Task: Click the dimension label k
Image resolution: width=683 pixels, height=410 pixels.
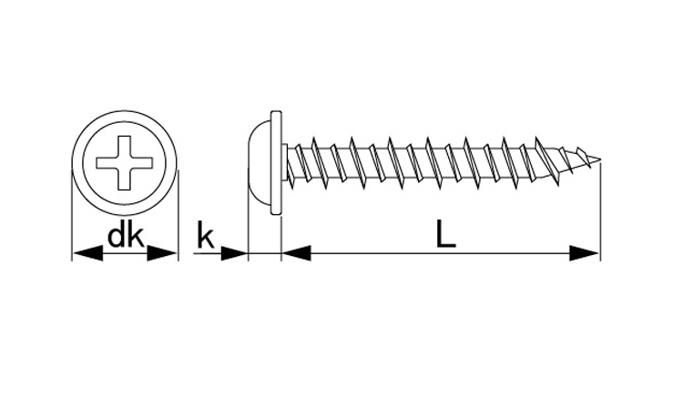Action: pyautogui.click(x=206, y=235)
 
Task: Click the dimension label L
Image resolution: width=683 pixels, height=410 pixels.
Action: pyautogui.click(x=446, y=234)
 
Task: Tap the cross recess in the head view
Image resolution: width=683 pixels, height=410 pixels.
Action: pyautogui.click(x=125, y=163)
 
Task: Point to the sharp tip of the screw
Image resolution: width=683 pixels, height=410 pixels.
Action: pyautogui.click(x=601, y=159)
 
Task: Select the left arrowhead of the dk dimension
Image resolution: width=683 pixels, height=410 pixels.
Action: pyautogui.click(x=87, y=253)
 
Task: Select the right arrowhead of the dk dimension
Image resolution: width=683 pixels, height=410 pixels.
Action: pyautogui.click(x=162, y=253)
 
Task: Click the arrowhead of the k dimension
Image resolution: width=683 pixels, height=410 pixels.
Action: pyautogui.click(x=234, y=253)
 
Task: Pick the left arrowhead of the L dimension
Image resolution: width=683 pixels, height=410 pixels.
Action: pyautogui.click(x=296, y=253)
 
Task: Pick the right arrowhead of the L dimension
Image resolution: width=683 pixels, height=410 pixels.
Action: pyautogui.click(x=585, y=253)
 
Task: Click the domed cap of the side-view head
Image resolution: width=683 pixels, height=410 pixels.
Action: pyautogui.click(x=260, y=163)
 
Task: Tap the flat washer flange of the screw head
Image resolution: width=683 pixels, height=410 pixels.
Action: pyautogui.click(x=277, y=163)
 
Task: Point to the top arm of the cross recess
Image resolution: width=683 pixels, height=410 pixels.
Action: pyautogui.click(x=125, y=147)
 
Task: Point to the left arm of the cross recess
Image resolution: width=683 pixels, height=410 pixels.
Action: pyautogui.click(x=107, y=163)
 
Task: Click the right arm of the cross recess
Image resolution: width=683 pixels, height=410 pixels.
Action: pyautogui.click(x=142, y=163)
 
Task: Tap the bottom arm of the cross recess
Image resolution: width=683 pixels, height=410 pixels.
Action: pyautogui.click(x=125, y=179)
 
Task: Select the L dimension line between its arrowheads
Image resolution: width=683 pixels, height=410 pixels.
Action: pyautogui.click(x=441, y=253)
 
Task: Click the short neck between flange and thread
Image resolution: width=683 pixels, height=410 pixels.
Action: pyautogui.click(x=285, y=163)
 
